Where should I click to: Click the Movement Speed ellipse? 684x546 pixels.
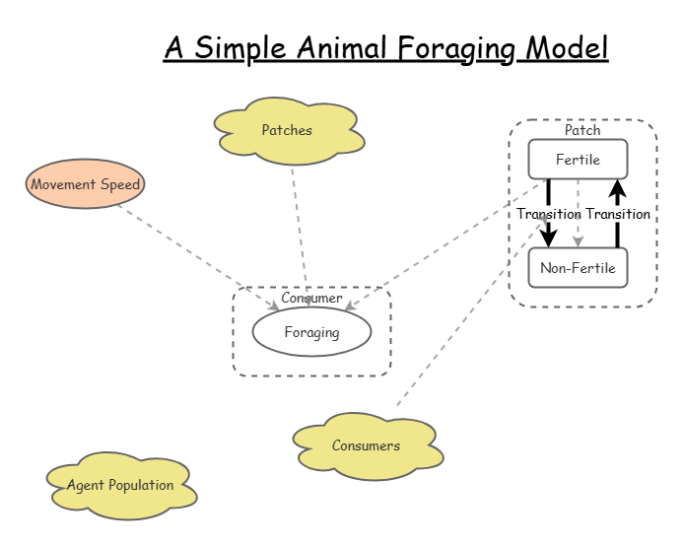(x=86, y=184)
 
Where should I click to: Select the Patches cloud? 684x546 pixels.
(x=287, y=131)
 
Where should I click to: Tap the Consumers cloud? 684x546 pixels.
(x=366, y=446)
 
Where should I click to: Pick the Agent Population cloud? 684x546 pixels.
(x=120, y=485)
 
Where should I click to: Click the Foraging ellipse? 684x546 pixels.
(x=311, y=332)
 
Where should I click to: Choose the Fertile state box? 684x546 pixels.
(x=578, y=160)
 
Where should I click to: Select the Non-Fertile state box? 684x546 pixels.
(x=578, y=268)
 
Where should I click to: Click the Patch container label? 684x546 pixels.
(x=582, y=130)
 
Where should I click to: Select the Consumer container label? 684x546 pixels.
(x=311, y=298)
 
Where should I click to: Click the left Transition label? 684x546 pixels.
(x=549, y=214)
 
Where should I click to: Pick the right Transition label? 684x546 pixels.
(x=618, y=214)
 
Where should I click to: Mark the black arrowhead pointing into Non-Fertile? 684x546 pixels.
(x=549, y=239)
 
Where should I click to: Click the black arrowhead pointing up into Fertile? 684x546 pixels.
(x=618, y=187)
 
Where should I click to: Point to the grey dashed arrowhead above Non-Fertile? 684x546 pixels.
(x=579, y=241)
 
